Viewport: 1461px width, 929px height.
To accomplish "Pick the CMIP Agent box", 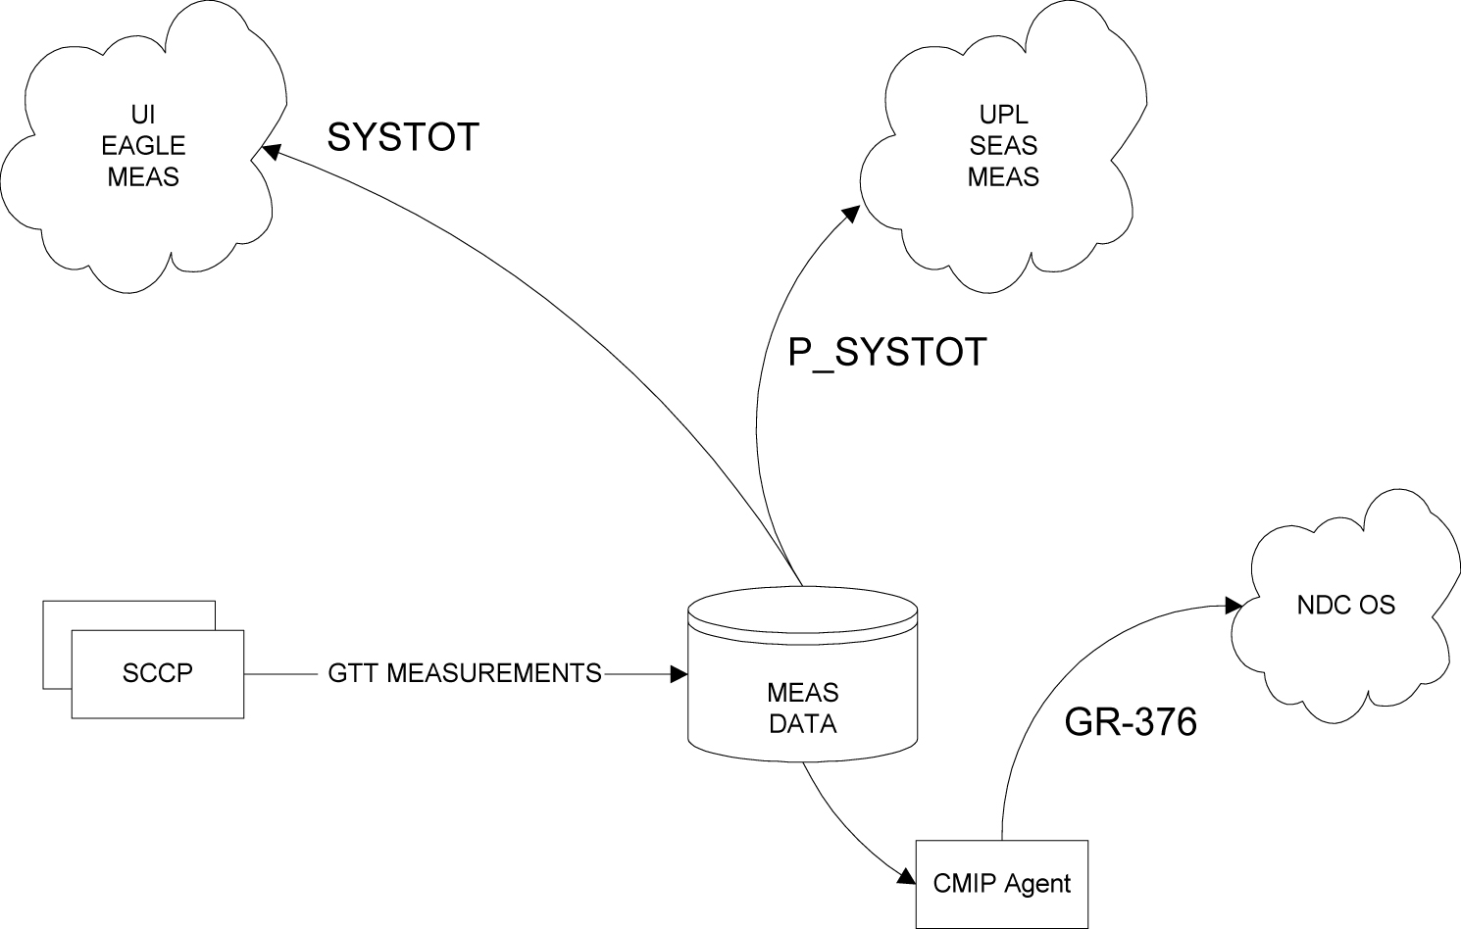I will coord(1001,884).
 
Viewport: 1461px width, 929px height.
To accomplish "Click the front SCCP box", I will coord(157,674).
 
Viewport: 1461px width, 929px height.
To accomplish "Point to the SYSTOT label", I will coord(402,137).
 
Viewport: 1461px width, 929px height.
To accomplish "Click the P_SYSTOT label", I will coord(886,352).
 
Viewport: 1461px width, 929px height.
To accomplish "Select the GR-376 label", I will coord(1131,722).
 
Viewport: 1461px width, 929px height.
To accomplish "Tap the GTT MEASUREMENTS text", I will coord(465,673).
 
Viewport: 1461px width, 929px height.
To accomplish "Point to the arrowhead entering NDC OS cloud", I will coord(1234,605).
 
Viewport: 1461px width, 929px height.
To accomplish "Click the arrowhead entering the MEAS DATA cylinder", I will coord(678,674).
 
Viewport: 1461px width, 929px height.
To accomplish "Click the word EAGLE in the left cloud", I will coord(143,146).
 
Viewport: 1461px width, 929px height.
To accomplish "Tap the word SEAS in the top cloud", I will coord(1003,146).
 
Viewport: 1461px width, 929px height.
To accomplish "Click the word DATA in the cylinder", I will coord(803,724).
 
